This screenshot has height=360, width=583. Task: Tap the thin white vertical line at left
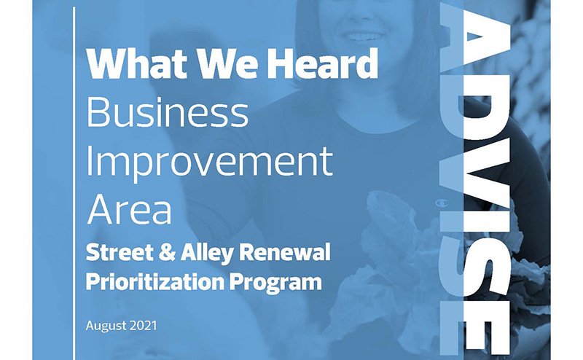(74, 182)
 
